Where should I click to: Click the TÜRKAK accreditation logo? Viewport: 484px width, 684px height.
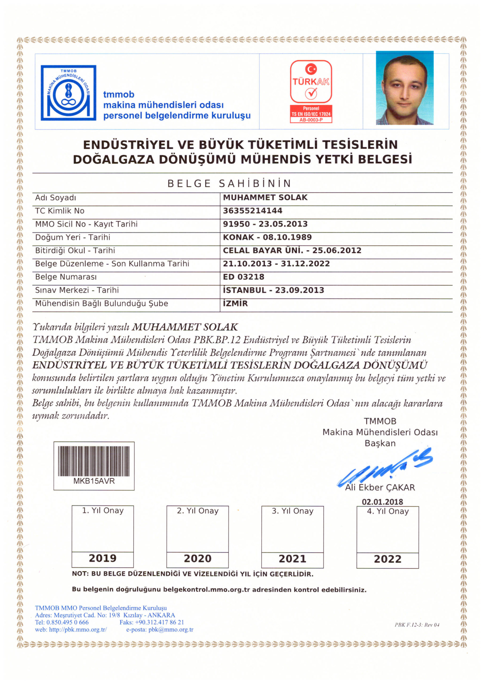(x=311, y=91)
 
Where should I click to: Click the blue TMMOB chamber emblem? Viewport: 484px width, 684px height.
(x=68, y=93)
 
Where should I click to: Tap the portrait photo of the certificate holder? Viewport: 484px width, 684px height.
(x=404, y=88)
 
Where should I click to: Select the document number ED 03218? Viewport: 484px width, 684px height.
(x=243, y=277)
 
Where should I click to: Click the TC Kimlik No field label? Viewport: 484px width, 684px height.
(x=60, y=211)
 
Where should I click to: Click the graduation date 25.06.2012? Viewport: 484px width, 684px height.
(x=336, y=250)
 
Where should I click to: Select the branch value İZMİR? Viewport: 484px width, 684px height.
(x=235, y=303)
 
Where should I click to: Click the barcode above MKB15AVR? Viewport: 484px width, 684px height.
(x=94, y=461)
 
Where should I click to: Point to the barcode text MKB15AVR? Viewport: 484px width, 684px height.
(x=94, y=481)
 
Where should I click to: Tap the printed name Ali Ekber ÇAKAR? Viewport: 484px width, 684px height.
(x=380, y=488)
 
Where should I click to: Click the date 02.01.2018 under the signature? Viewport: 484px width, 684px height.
(x=382, y=502)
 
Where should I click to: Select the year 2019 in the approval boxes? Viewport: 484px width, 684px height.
(x=103, y=558)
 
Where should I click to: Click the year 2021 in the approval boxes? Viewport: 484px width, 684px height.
(x=292, y=559)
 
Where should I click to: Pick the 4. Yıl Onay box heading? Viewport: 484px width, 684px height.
(x=388, y=511)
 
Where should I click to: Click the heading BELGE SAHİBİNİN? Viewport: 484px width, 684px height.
(x=229, y=184)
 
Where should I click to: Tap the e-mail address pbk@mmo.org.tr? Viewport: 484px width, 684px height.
(x=171, y=629)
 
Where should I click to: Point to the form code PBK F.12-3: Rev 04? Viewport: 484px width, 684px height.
(x=417, y=625)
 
